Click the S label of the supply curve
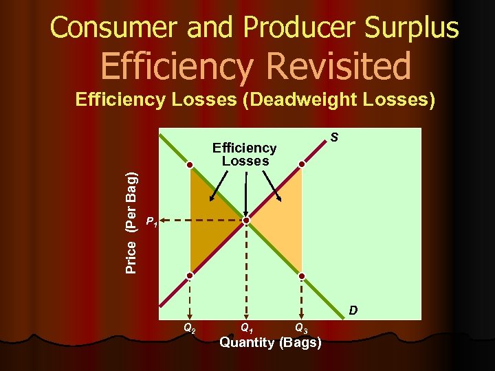pos(333,138)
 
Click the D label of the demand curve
pos(353,311)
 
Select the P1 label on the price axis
pos(152,222)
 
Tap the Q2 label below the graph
pos(189,328)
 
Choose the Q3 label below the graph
pos(301,328)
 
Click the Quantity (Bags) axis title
pos(270,342)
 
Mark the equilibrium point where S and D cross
pos(247,221)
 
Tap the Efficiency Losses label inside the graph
pos(245,155)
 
